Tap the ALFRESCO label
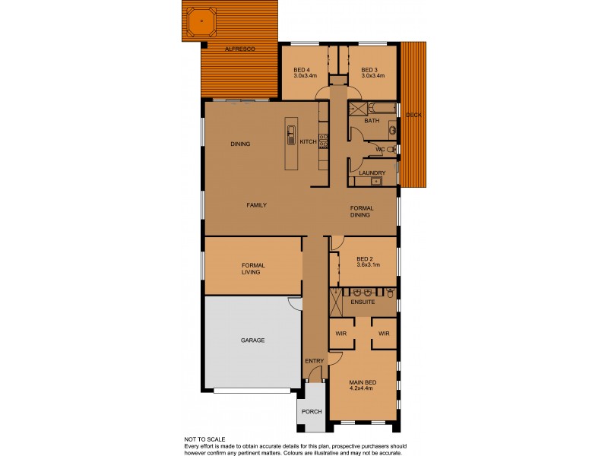[240, 49]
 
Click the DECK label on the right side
[413, 115]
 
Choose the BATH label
[372, 121]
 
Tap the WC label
[380, 150]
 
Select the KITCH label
[308, 142]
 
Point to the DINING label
[240, 144]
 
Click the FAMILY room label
[255, 205]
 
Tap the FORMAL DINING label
[359, 211]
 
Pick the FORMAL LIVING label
[252, 268]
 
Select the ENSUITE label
[363, 302]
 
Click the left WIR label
[340, 333]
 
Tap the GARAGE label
[252, 340]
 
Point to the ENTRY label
[314, 360]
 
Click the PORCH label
[312, 411]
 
